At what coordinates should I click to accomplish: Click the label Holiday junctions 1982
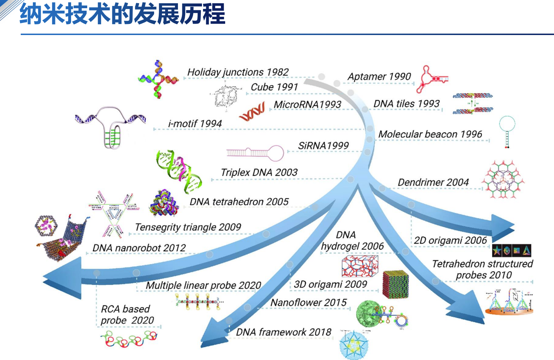tap(238, 72)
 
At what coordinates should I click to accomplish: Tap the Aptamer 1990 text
tap(379, 77)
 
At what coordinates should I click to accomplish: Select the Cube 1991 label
tap(274, 87)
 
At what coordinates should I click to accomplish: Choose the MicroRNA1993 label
tap(307, 104)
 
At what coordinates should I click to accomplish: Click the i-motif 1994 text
tap(195, 124)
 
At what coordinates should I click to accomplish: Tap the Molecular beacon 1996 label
tap(430, 134)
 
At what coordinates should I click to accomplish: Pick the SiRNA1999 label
tap(323, 146)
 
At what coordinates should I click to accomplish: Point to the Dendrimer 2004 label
tap(433, 182)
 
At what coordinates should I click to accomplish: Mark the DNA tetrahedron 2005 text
tap(239, 202)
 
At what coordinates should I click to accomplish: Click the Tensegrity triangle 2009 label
tap(188, 227)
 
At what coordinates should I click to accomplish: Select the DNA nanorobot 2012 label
tap(139, 248)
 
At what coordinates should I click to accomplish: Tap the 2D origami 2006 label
tap(450, 240)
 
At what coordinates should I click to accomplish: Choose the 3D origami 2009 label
tap(330, 284)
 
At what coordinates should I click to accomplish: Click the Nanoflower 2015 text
tap(308, 302)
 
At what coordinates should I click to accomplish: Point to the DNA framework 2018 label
tap(283, 332)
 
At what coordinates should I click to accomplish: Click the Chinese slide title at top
tap(122, 14)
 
